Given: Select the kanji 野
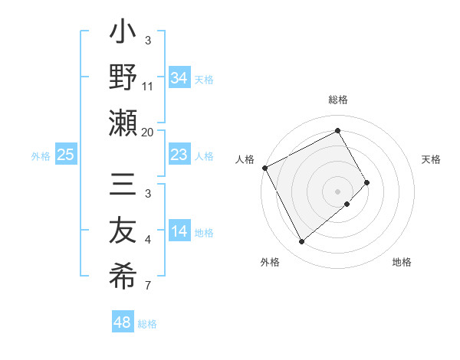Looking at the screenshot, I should coord(123,79).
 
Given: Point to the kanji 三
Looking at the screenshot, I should coord(123,187).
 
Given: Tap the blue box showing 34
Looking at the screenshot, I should coord(179,77).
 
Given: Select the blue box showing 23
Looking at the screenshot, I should coord(179,155).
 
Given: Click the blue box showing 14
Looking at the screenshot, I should coord(179,232).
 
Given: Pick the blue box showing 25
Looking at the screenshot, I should coord(66,155).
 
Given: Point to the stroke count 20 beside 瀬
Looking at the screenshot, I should coord(148,132).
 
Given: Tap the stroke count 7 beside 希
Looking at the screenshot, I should coord(148,286).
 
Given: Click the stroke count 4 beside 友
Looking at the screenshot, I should coord(148,240).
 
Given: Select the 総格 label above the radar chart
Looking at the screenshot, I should coord(338,100).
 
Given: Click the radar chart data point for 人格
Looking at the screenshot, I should coord(264,168).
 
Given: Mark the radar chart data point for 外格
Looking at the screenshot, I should coord(301,242).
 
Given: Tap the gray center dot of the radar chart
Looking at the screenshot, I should coord(338,191).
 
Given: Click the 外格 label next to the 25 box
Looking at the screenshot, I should coord(41,155).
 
